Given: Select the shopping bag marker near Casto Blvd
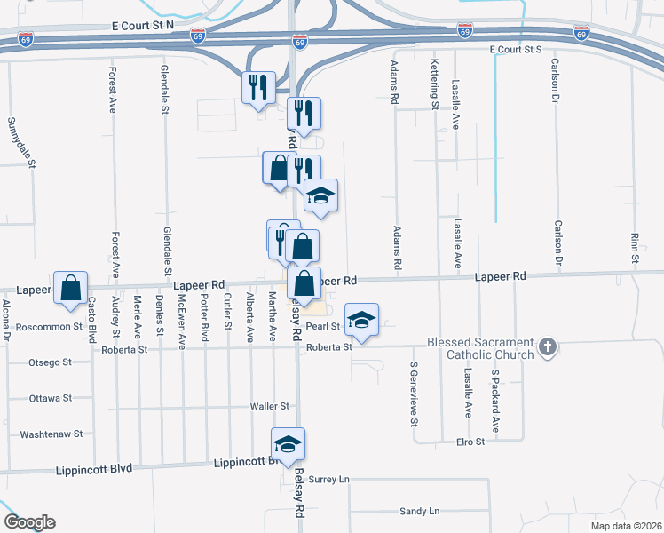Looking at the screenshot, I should point(70,289).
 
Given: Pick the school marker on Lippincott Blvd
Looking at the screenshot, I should point(287,445).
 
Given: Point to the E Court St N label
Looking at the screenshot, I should point(142,27).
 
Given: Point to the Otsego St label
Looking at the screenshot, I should point(51,362).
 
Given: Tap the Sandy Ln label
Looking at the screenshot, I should point(419,511).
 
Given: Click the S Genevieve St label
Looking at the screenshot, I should point(414,394).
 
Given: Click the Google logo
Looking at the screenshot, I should point(29,522).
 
